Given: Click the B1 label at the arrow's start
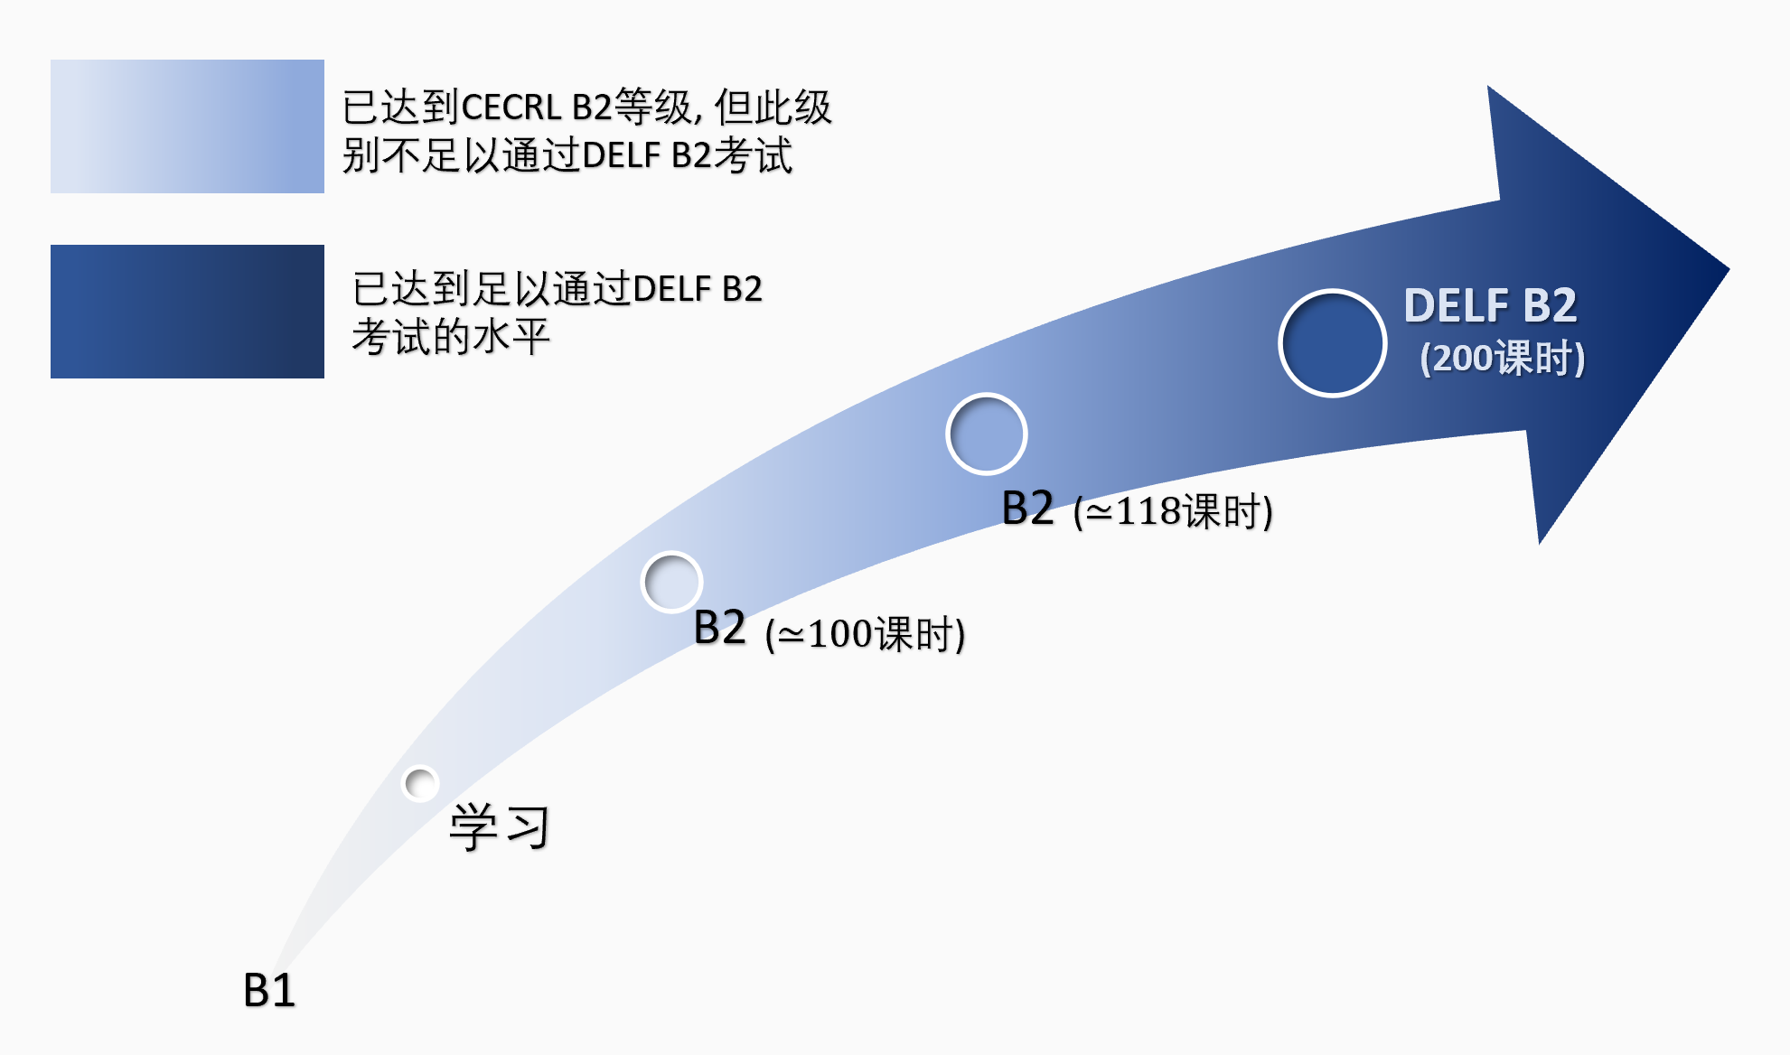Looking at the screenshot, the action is click(x=269, y=990).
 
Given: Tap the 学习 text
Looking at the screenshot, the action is click(x=500, y=826).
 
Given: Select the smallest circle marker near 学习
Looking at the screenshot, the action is click(x=420, y=783).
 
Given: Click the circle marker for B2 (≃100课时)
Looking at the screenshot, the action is click(x=671, y=582).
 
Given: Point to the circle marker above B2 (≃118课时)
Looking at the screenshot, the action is click(x=987, y=434).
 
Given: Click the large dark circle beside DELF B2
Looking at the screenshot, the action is click(x=1333, y=342).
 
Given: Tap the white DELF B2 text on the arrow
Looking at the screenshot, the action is click(x=1491, y=305).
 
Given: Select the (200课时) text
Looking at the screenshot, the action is click(x=1503, y=358).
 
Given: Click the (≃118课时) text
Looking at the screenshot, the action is click(x=1173, y=511).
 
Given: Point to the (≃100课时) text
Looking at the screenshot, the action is click(x=865, y=633).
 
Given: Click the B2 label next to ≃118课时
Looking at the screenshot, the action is click(x=1028, y=508).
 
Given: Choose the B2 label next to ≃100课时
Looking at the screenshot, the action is click(x=720, y=628).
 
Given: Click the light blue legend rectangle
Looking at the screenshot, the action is click(x=187, y=126).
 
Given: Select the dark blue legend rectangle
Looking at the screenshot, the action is click(x=187, y=312).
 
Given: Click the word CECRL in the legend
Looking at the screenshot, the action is click(x=511, y=107).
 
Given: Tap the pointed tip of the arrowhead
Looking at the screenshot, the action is click(x=1729, y=268).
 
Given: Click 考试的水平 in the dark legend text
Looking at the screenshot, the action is click(x=451, y=337).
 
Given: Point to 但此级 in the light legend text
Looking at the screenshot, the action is click(x=773, y=107).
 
